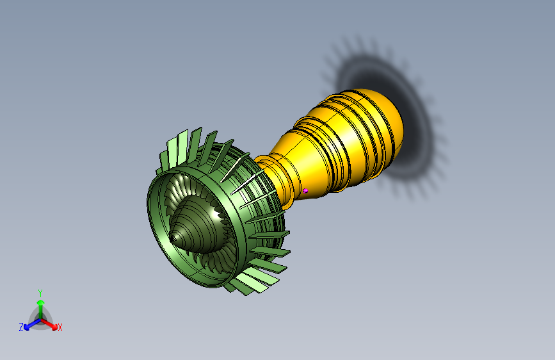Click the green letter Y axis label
pyautogui.click(x=40, y=293)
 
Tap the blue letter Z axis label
pyautogui.click(x=21, y=327)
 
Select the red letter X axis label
pyautogui.click(x=60, y=327)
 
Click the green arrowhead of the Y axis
pyautogui.click(x=41, y=302)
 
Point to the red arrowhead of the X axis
pyautogui.click(x=54, y=327)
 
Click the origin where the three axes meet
pyautogui.click(x=41, y=320)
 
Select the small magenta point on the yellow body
pyautogui.click(x=305, y=191)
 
